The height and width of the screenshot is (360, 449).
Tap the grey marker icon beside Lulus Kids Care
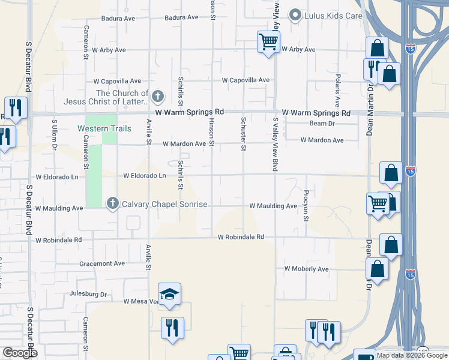pyautogui.click(x=295, y=15)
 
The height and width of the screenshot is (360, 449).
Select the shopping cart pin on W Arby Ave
pyautogui.click(x=268, y=43)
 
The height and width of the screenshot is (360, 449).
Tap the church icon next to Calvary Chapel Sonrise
pyautogui.click(x=112, y=204)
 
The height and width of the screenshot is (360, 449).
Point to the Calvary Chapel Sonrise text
pyautogui.click(x=164, y=205)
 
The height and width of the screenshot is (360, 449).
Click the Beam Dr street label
pyautogui.click(x=322, y=124)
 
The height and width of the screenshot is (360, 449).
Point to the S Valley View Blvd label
pyautogui.click(x=276, y=145)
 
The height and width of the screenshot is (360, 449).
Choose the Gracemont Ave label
pyautogui.click(x=101, y=263)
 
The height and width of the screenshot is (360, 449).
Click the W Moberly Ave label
pyautogui.click(x=306, y=269)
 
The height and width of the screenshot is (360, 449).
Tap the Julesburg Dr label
pyautogui.click(x=87, y=295)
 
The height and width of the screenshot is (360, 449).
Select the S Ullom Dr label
pyautogui.click(x=54, y=134)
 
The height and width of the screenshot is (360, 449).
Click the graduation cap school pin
pyautogui.click(x=170, y=295)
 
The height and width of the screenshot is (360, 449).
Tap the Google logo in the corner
pyautogui.click(x=19, y=353)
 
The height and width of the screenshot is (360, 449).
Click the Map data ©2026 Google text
pyautogui.click(x=411, y=355)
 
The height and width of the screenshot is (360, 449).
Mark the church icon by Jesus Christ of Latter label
pyautogui.click(x=158, y=96)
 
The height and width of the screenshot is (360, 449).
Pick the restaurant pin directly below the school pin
pyautogui.click(x=172, y=328)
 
